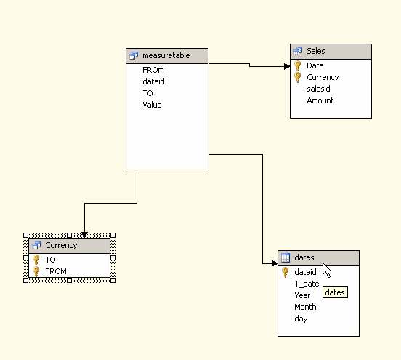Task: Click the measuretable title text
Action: [166, 55]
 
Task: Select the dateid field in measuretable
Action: [153, 81]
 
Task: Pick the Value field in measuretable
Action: [152, 105]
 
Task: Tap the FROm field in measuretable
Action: [153, 70]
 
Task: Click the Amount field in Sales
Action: [320, 100]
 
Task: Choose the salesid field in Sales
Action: [318, 89]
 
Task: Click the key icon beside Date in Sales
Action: [297, 65]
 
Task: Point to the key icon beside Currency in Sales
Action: [297, 77]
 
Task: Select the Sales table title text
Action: [316, 51]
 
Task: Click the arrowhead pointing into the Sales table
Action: [287, 67]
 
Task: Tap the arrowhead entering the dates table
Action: [275, 263]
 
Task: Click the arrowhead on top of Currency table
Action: [84, 235]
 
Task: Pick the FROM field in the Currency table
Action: [56, 271]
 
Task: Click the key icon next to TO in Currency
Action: [36, 260]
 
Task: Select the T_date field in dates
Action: [307, 284]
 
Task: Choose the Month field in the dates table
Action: [305, 307]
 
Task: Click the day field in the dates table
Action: [301, 319]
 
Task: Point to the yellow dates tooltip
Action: [335, 292]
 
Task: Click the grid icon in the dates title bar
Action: [285, 257]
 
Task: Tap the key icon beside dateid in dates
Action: [285, 272]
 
